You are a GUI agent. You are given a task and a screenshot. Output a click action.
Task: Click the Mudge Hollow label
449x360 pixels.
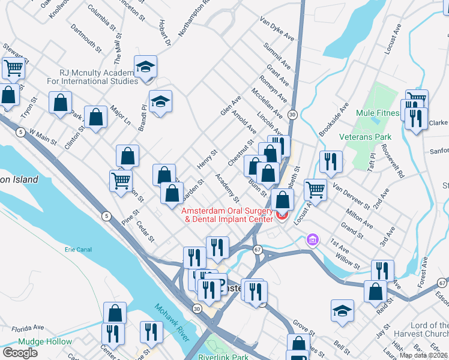pyautogui.click(x=45, y=342)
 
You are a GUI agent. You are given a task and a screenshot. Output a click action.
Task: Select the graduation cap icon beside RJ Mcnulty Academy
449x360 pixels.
pyautogui.click(x=145, y=69)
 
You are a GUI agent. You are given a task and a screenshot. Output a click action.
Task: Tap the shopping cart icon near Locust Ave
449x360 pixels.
pyautogui.click(x=315, y=190)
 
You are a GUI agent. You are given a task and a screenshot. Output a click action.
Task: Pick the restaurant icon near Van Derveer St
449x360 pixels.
pyautogui.click(x=331, y=161)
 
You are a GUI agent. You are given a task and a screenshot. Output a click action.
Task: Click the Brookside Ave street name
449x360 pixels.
pyautogui.click(x=334, y=119)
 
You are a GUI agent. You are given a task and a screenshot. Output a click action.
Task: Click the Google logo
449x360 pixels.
pyautogui.click(x=20, y=353)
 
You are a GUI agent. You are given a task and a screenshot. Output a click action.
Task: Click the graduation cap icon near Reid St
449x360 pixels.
pyautogui.click(x=342, y=310)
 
